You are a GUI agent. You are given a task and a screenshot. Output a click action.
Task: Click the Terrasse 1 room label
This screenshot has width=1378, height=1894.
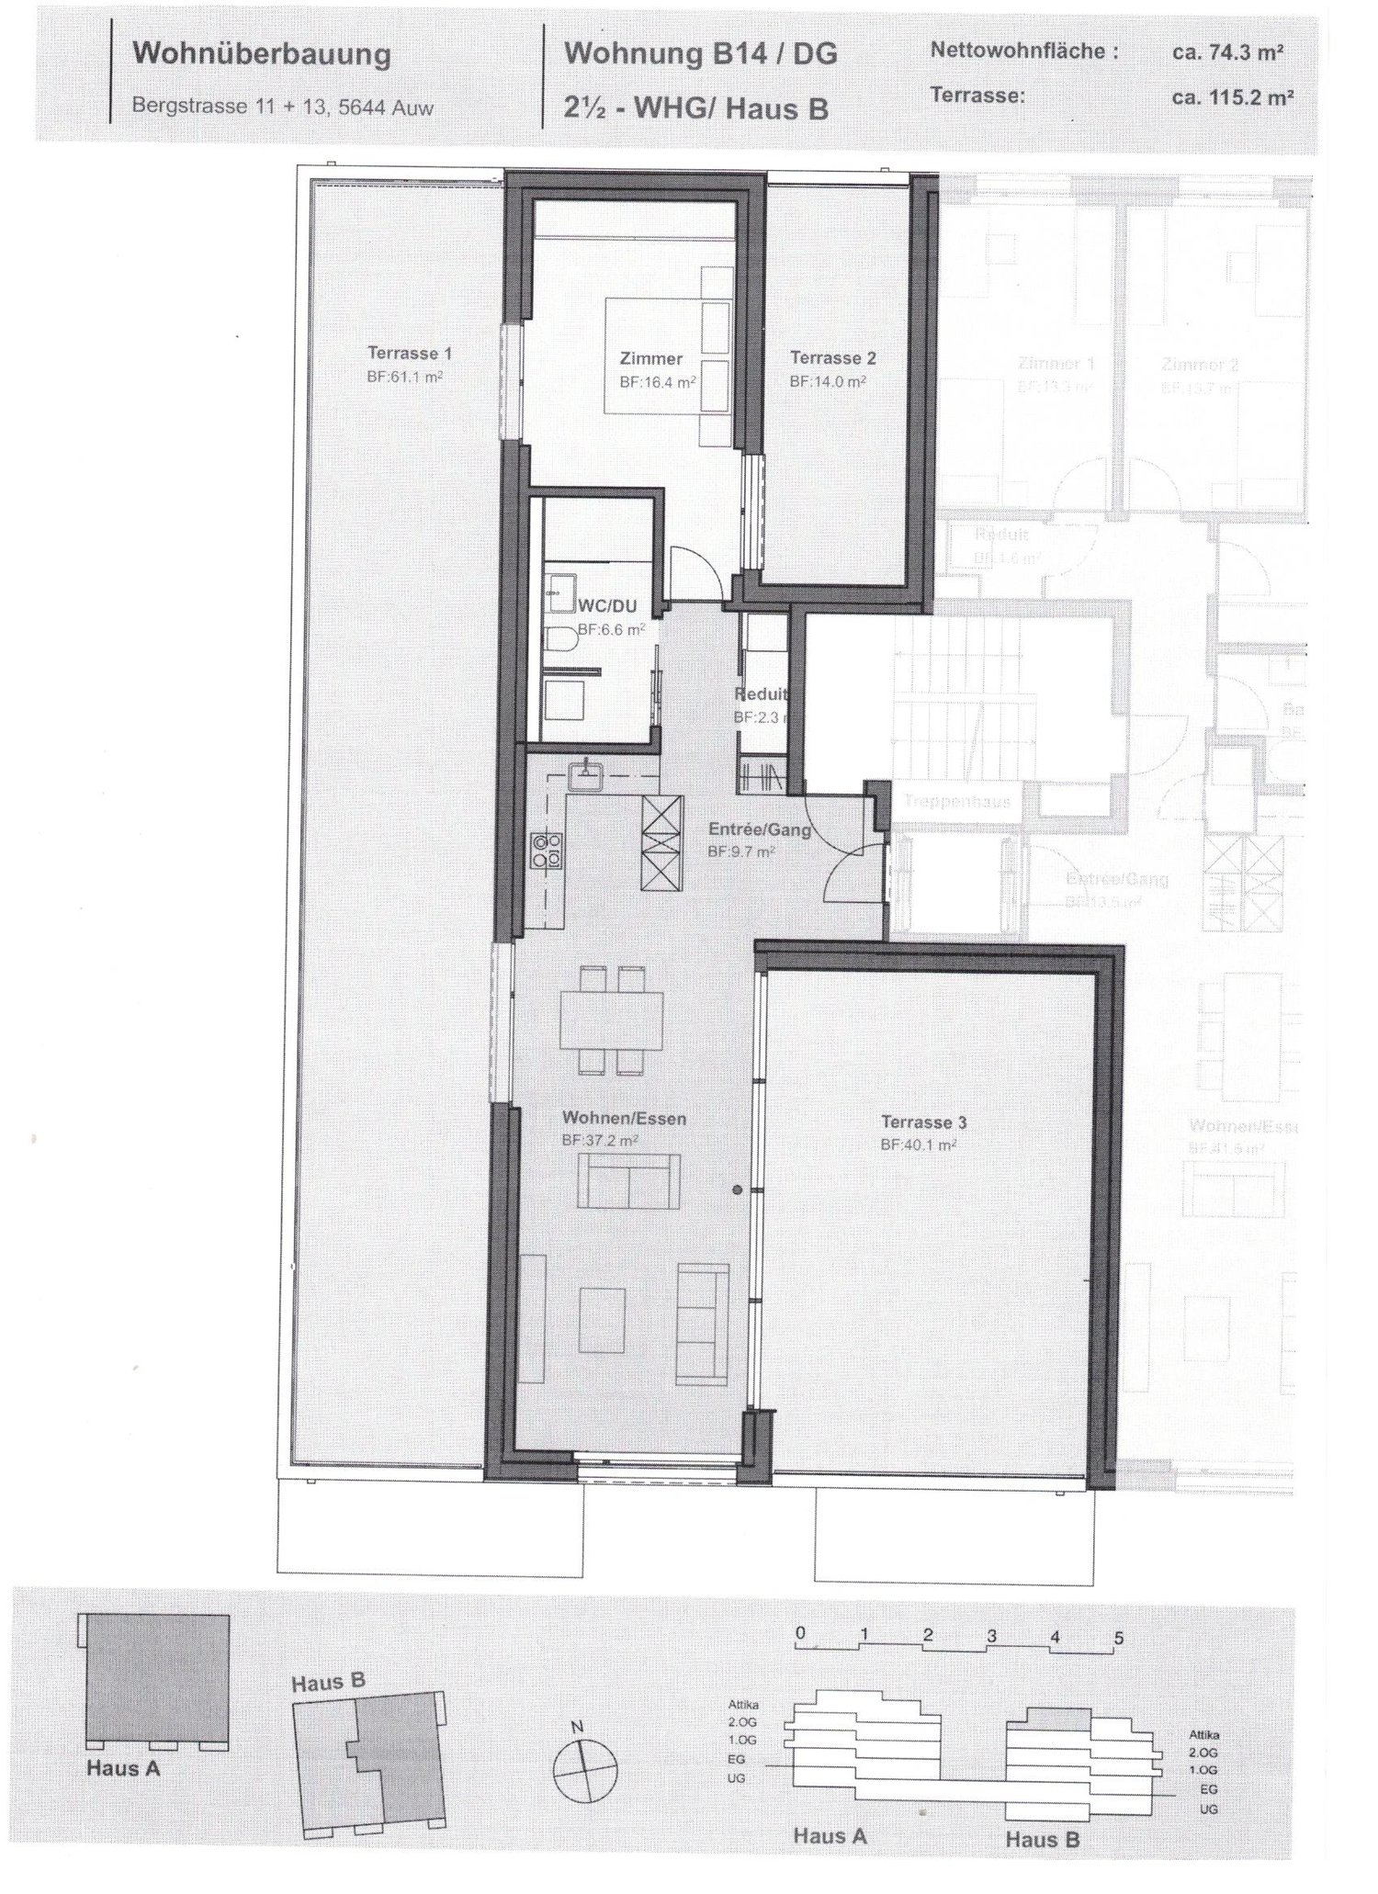pyautogui.click(x=409, y=353)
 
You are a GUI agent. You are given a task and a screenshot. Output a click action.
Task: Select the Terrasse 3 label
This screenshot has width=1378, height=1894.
pyautogui.click(x=923, y=1122)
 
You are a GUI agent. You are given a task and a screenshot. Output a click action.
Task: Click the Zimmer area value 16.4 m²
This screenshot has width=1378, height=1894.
pyautogui.click(x=657, y=382)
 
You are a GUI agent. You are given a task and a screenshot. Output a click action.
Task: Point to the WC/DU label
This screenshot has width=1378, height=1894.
pyautogui.click(x=607, y=606)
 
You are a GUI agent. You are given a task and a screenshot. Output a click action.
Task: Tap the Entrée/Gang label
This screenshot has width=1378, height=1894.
pyautogui.click(x=759, y=830)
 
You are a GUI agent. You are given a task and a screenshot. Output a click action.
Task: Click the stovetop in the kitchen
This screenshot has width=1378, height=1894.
pyautogui.click(x=546, y=850)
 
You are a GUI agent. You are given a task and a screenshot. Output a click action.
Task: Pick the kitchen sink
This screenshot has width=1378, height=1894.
pyautogui.click(x=585, y=777)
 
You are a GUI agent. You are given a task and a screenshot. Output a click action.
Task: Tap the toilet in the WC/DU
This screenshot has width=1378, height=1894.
pyautogui.click(x=559, y=641)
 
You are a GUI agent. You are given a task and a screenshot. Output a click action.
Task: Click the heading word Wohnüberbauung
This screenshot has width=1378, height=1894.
pyautogui.click(x=262, y=54)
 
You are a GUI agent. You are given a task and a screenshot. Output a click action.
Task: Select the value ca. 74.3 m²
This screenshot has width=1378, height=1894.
pyautogui.click(x=1227, y=52)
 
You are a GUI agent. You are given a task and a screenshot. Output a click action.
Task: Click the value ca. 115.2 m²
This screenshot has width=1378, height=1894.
pyautogui.click(x=1233, y=96)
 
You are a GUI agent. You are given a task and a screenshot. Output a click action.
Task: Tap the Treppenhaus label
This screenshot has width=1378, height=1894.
pyautogui.click(x=956, y=801)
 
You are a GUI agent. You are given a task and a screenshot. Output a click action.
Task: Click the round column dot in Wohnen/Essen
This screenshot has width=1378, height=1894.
pyautogui.click(x=737, y=1190)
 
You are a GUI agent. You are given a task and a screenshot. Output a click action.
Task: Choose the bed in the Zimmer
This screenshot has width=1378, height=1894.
pyautogui.click(x=667, y=356)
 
